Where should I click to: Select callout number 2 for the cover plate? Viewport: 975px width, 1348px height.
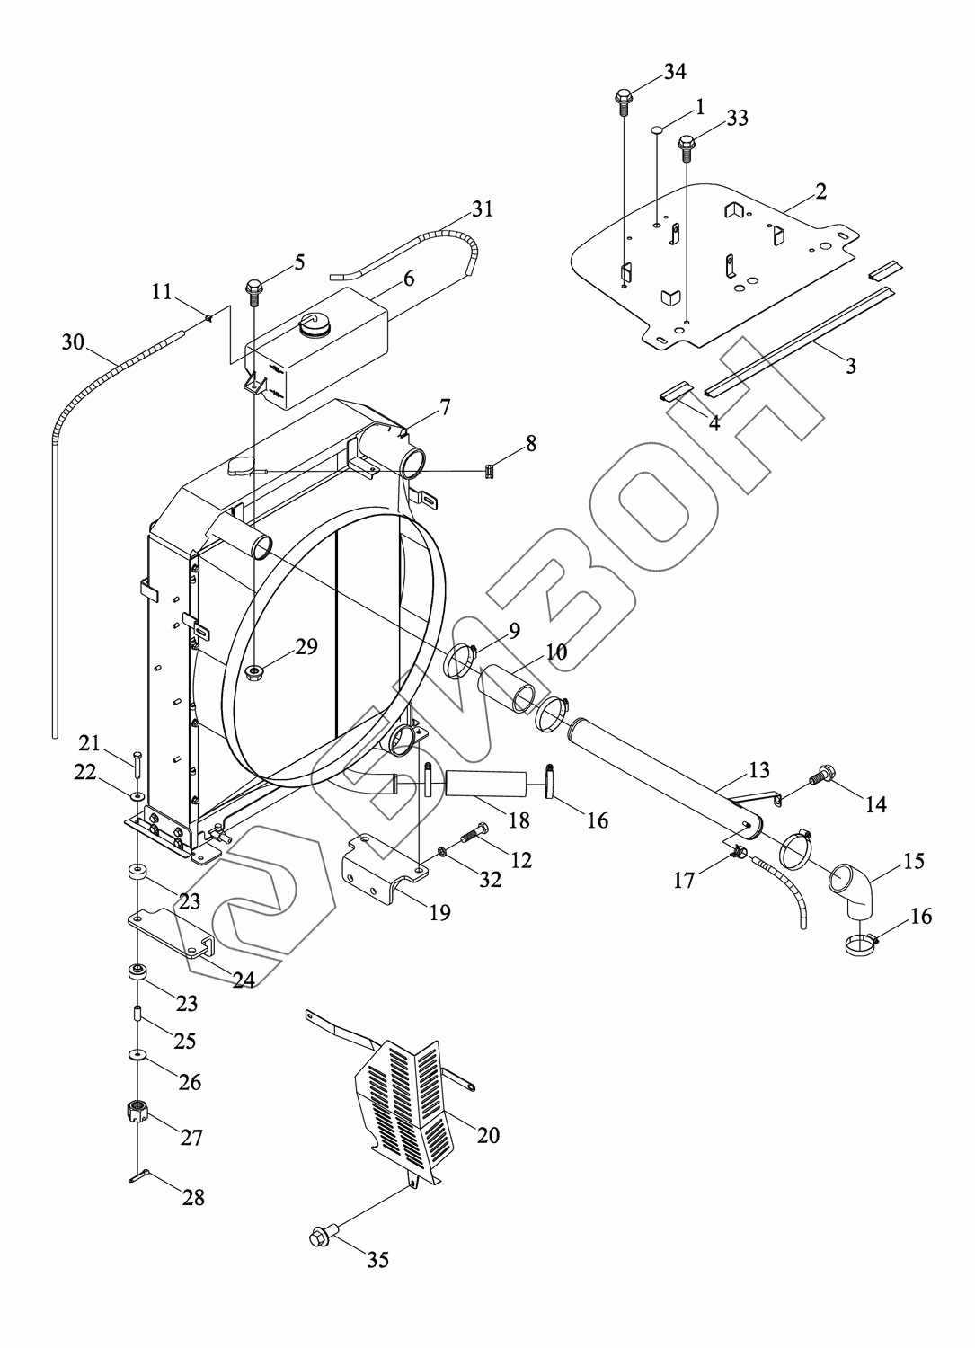point(820,191)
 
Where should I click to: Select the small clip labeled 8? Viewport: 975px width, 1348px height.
point(491,469)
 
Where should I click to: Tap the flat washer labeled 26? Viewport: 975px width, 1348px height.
point(137,1053)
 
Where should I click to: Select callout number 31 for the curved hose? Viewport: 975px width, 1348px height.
point(483,209)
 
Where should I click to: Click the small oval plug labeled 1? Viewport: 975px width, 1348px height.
point(657,129)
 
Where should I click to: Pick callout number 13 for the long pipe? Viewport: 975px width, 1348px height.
point(759,770)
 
